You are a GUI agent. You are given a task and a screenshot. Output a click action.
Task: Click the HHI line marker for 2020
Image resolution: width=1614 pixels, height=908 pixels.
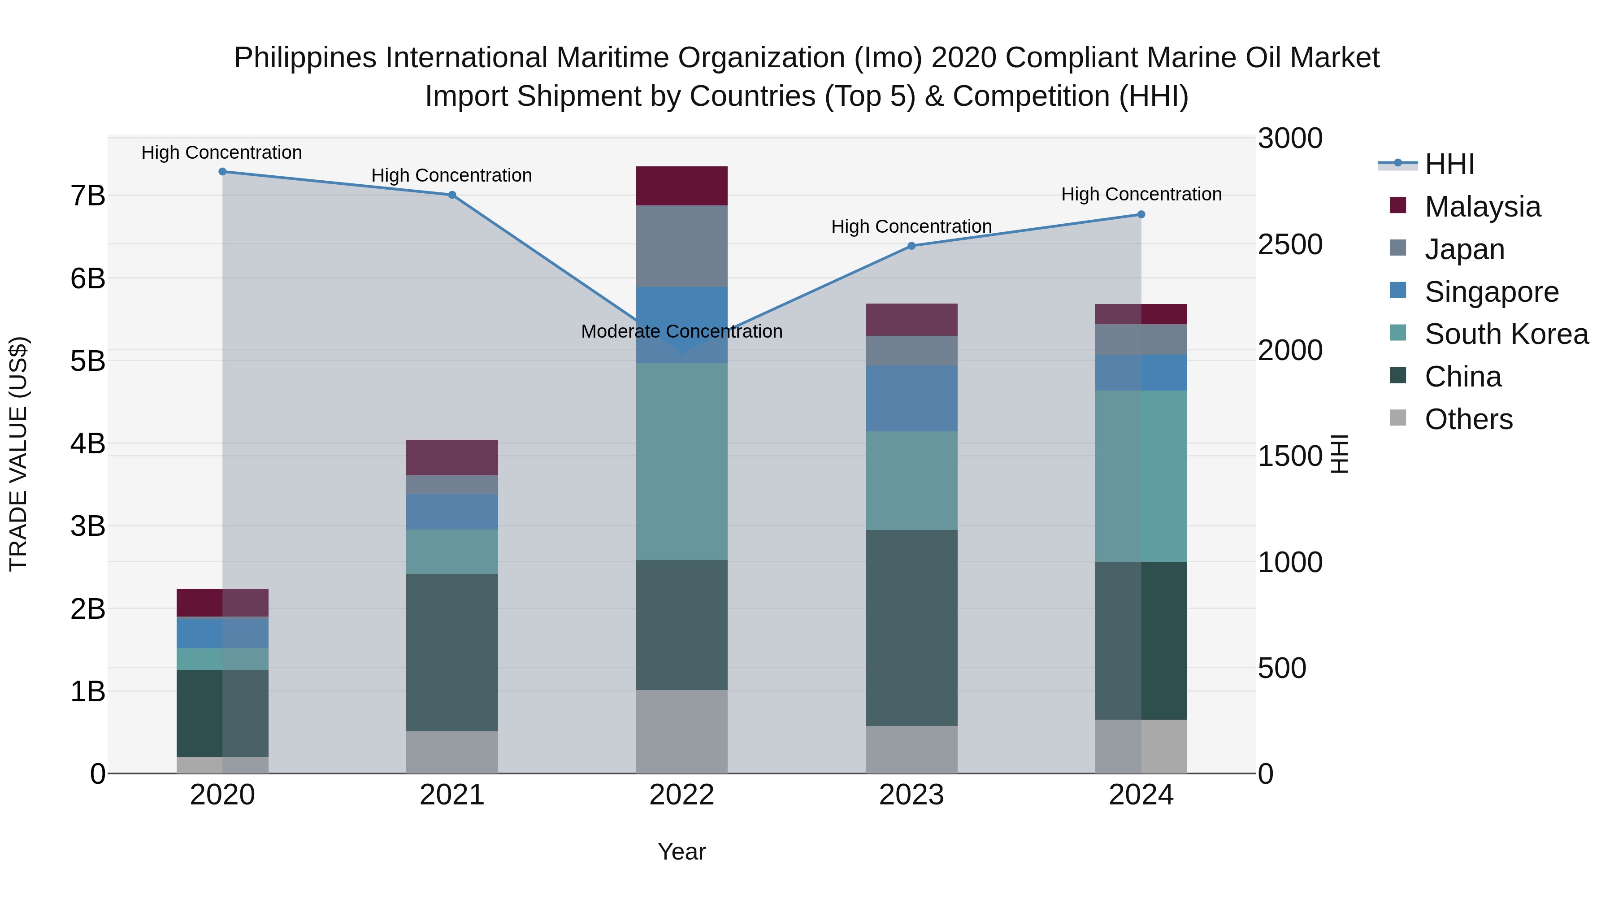click(222, 172)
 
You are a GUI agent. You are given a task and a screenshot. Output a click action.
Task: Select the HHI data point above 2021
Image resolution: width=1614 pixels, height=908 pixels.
click(452, 195)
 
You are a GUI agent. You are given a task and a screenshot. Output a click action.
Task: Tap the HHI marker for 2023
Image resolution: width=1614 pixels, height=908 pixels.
click(911, 246)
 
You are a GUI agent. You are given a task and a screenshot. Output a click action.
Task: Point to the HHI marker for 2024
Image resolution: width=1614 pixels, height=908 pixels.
click(1141, 214)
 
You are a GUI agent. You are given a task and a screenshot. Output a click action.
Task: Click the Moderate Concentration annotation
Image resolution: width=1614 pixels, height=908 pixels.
click(681, 331)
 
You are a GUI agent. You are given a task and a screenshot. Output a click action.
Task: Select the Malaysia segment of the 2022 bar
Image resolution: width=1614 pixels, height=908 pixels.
click(681, 186)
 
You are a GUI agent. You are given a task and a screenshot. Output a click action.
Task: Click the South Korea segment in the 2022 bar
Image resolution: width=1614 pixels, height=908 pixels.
click(681, 462)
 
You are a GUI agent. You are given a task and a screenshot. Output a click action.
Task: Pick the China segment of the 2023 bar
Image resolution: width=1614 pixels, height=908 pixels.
click(911, 628)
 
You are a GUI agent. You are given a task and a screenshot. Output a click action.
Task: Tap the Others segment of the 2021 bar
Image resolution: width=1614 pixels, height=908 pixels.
click(452, 752)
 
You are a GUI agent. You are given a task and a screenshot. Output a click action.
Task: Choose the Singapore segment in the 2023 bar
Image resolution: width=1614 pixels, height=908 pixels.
click(911, 399)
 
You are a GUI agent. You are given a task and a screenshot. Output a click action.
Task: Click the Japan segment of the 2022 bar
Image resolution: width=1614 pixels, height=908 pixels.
click(681, 246)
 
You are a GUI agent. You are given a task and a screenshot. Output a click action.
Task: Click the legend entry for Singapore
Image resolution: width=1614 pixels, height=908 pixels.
click(1491, 292)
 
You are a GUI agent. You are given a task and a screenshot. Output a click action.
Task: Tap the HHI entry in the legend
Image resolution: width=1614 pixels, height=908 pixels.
click(1449, 164)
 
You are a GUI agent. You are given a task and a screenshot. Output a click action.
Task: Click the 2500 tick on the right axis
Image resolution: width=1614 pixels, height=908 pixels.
click(1289, 245)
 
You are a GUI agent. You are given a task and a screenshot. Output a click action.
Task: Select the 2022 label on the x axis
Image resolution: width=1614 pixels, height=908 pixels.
click(681, 795)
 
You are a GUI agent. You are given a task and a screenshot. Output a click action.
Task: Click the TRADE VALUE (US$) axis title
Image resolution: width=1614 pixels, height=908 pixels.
click(19, 454)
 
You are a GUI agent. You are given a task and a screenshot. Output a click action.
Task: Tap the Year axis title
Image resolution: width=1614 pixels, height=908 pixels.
click(681, 852)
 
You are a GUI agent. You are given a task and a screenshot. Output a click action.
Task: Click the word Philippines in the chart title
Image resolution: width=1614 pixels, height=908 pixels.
click(305, 58)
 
